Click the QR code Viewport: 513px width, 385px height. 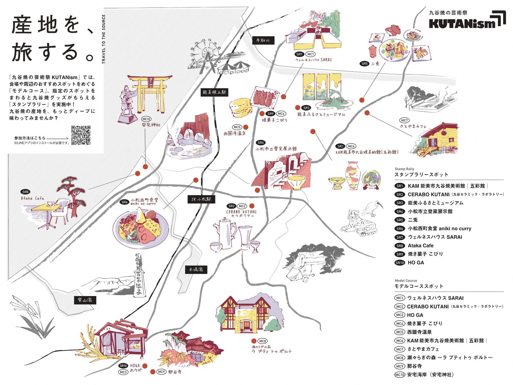coord(81,135)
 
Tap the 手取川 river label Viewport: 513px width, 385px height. coord(263,40)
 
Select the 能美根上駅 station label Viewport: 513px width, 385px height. coord(214,92)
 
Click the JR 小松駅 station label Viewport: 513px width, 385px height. coord(201,199)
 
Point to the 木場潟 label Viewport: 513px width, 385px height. coord(196,269)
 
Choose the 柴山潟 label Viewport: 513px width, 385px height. coord(85,300)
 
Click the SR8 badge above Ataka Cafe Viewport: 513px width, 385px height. coord(25,192)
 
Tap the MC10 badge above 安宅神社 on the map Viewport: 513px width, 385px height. coord(146,119)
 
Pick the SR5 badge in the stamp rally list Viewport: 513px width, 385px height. coord(400,220)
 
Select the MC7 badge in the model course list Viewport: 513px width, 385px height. coord(400,349)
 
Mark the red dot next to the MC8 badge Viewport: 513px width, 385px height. coord(254,341)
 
